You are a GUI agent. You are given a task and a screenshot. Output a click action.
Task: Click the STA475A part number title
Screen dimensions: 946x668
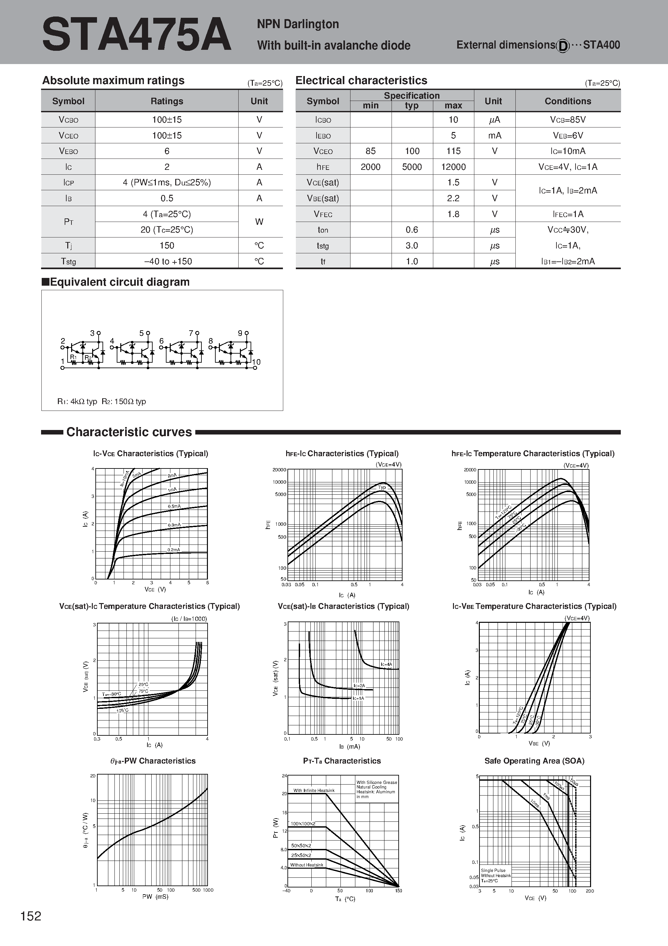click(136, 35)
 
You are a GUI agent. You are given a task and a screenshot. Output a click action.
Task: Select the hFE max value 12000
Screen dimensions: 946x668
click(453, 167)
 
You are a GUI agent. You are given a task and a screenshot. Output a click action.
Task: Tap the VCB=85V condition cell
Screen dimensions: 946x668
click(567, 119)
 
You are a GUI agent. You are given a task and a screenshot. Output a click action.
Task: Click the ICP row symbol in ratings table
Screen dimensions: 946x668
click(68, 182)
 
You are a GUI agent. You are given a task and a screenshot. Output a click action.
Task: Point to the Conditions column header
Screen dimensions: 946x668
click(567, 101)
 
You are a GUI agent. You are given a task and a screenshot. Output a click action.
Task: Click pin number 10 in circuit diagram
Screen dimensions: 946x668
click(256, 362)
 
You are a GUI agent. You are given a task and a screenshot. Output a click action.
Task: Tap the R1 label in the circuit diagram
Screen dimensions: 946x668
click(73, 357)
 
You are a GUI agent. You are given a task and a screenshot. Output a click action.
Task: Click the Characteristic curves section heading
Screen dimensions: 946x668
click(129, 432)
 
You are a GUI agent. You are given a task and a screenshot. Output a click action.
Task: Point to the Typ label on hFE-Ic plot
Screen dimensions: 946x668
click(382, 488)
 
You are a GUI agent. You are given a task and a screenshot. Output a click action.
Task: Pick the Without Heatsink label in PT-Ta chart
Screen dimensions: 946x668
click(307, 865)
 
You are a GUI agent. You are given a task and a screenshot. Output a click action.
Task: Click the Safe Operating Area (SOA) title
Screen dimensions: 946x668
click(534, 761)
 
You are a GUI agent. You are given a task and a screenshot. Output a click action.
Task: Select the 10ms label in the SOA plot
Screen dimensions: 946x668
click(534, 803)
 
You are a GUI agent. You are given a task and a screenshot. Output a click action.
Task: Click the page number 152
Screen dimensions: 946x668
click(31, 916)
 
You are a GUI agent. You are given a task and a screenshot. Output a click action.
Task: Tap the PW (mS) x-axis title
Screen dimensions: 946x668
click(155, 896)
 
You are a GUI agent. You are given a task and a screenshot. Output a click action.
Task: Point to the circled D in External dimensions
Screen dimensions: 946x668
click(563, 46)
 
